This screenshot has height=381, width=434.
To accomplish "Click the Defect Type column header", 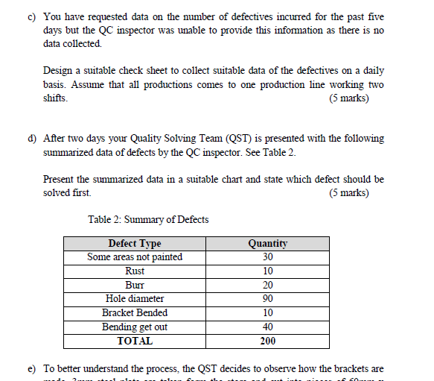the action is pyautogui.click(x=134, y=243).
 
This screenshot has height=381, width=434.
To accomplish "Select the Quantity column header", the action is pyautogui.click(x=268, y=243).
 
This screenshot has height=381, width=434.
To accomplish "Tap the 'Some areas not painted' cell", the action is pyautogui.click(x=135, y=257).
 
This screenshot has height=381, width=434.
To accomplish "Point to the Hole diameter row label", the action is pyautogui.click(x=135, y=299).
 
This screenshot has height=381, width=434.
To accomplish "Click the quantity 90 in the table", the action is pyautogui.click(x=268, y=299).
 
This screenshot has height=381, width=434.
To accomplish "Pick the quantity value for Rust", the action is pyautogui.click(x=268, y=271).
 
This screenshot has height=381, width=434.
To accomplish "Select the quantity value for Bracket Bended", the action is pyautogui.click(x=268, y=313).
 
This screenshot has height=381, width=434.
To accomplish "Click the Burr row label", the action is pyautogui.click(x=135, y=285).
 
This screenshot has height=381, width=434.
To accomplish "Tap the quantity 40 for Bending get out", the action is pyautogui.click(x=268, y=327).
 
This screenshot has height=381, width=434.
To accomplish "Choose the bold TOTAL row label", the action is pyautogui.click(x=135, y=341).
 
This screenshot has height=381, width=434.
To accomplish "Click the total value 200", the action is pyautogui.click(x=268, y=341).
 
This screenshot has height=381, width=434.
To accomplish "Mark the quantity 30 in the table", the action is pyautogui.click(x=268, y=257).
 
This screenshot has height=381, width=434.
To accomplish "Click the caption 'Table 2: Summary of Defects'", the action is pyautogui.click(x=148, y=219).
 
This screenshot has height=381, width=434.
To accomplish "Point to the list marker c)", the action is pyautogui.click(x=33, y=16).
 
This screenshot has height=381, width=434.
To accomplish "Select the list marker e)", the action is pyautogui.click(x=33, y=369).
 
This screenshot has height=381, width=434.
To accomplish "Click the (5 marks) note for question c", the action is pyautogui.click(x=348, y=98).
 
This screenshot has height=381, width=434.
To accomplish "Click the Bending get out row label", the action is pyautogui.click(x=135, y=327).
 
